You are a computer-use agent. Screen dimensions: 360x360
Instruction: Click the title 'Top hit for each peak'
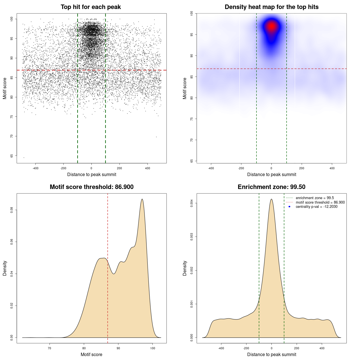point(91,7)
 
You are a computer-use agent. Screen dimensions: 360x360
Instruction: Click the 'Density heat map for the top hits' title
point(271,7)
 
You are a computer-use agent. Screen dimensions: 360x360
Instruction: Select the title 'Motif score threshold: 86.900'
point(91,187)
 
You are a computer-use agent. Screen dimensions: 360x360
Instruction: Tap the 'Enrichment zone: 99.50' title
point(271,187)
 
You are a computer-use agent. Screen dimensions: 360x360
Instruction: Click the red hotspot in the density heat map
point(272,26)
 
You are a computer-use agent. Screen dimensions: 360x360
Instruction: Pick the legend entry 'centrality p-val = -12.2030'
point(316,207)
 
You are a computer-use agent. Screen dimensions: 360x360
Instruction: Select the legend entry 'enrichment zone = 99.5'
point(315,198)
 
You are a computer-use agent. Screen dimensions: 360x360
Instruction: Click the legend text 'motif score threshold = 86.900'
point(320,202)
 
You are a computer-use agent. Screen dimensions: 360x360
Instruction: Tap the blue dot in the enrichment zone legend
point(289,207)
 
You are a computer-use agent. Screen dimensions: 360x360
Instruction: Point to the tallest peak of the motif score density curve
point(142,199)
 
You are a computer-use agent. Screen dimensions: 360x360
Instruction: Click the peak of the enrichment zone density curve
point(271,199)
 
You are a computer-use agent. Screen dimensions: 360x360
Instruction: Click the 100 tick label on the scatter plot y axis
point(12,19)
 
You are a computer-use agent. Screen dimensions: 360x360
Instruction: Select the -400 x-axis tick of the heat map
point(211,168)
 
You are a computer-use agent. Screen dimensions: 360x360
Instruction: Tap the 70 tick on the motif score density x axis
point(49,348)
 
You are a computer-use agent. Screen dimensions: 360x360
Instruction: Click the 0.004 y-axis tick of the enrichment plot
point(192,203)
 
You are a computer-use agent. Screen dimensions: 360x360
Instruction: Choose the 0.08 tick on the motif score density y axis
point(12,210)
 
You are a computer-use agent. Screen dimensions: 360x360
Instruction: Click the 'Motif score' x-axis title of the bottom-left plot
point(91,354)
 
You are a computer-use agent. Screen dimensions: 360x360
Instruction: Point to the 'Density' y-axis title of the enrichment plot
point(185,268)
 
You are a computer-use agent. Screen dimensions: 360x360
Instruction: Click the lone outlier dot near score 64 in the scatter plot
point(24,157)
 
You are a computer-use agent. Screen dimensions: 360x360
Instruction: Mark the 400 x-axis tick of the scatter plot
point(148,168)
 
